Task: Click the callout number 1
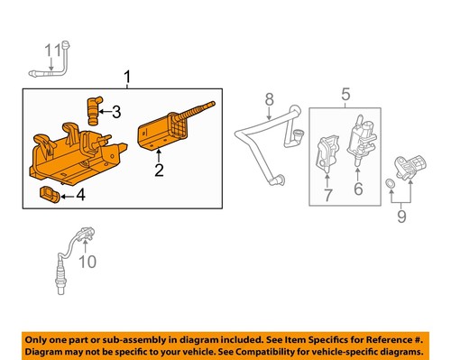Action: click(x=127, y=78)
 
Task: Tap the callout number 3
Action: click(x=116, y=112)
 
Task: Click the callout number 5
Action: click(x=344, y=92)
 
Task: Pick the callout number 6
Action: click(x=358, y=189)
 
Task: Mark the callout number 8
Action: click(x=267, y=98)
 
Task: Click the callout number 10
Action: click(x=87, y=263)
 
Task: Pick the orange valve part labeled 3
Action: click(x=91, y=109)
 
